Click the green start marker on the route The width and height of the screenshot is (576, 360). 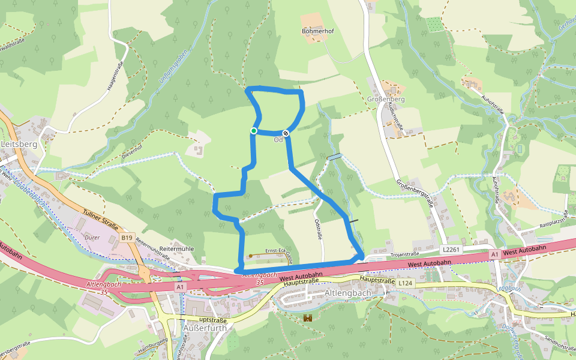pyautogui.click(x=254, y=131)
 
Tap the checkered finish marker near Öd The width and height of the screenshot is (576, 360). pyautogui.click(x=286, y=133)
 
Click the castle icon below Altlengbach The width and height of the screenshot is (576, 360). pyautogui.click(x=308, y=317)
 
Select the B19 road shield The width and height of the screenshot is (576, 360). pyautogui.click(x=126, y=238)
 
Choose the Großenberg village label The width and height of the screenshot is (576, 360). pyautogui.click(x=385, y=99)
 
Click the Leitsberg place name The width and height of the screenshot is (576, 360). pyautogui.click(x=19, y=145)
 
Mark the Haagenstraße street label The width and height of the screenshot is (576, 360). pyautogui.click(x=115, y=76)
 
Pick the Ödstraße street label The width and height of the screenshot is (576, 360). pyautogui.click(x=318, y=229)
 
